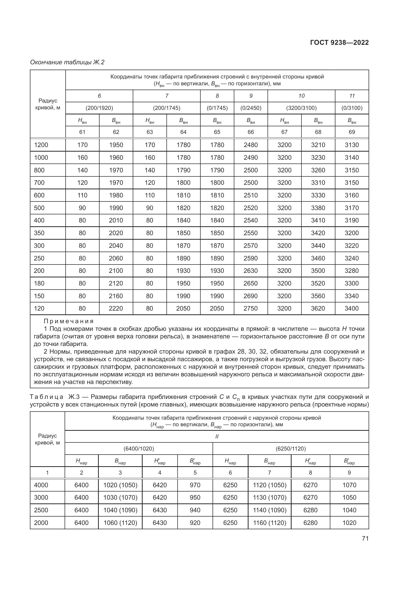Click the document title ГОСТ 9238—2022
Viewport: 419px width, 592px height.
point(339,43)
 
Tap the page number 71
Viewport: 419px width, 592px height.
point(365,538)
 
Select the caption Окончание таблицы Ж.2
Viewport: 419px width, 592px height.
point(67,62)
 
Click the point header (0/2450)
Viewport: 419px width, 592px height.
point(251,108)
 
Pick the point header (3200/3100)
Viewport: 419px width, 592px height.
point(301,108)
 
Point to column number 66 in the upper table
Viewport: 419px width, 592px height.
point(251,132)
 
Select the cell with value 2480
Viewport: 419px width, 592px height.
point(251,145)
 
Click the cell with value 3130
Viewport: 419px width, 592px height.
point(352,145)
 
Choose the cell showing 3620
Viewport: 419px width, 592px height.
point(318,308)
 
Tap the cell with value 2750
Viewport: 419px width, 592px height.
point(251,308)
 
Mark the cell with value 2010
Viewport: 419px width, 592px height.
point(116,220)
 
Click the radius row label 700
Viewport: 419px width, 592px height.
point(39,183)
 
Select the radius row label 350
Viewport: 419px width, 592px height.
point(39,233)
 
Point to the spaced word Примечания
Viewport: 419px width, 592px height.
point(69,321)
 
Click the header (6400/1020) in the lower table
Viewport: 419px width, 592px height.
point(139,449)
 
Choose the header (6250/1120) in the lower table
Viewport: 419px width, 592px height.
point(291,449)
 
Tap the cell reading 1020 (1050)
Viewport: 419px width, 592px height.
point(120,485)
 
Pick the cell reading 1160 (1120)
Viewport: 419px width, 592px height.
point(270,523)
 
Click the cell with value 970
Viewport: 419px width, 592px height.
point(195,485)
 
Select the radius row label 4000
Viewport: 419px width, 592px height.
point(41,485)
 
